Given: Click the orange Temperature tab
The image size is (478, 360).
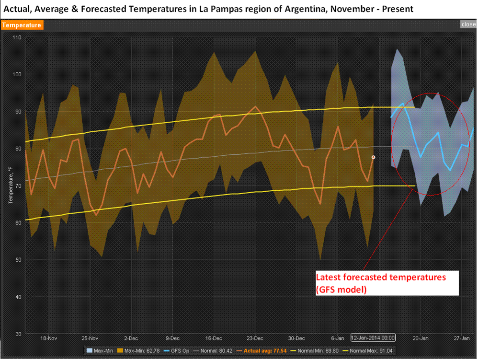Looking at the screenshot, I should click(22, 25).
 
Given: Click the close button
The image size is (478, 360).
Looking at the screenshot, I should click(468, 24).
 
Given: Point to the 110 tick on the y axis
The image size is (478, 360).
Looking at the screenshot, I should click(17, 37).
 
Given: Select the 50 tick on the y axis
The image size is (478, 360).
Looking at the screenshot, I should click(18, 260).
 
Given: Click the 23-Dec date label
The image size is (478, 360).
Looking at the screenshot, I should click(255, 337).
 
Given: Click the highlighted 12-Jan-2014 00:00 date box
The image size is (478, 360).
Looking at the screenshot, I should click(373, 337).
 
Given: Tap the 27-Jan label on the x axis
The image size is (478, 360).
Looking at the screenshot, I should click(462, 337).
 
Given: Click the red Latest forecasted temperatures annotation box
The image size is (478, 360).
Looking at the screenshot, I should click(387, 283).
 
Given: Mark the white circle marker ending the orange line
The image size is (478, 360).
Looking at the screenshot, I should click(374, 157).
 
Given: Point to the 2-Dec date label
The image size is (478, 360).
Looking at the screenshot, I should click(131, 337).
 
